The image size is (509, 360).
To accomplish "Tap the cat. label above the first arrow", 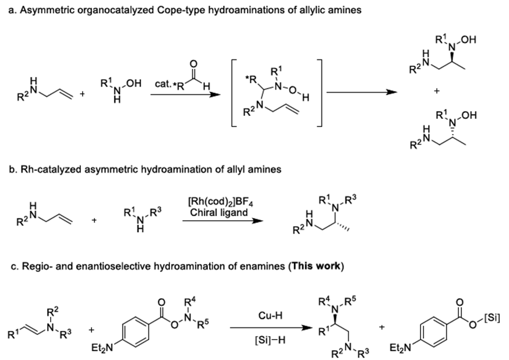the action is point(162,84).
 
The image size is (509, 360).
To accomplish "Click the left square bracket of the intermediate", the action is point(235,93).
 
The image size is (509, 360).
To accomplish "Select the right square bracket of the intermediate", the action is point(319,93).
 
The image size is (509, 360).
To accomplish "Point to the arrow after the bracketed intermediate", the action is point(362,92).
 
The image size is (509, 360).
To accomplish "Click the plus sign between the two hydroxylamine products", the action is point(437,91).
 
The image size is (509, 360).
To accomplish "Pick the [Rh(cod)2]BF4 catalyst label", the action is point(221,202).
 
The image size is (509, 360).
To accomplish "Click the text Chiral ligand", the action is point(219,213).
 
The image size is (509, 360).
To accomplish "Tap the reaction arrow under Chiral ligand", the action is point(222,221).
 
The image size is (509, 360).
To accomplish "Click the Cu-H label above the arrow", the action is point(270,316).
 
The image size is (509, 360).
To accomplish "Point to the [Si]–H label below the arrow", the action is point(270,340).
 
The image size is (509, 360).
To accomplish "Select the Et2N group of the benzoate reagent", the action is point(102,348).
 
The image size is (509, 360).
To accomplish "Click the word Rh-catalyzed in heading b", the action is point(47,170).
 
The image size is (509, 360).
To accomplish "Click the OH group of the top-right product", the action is point(468,40).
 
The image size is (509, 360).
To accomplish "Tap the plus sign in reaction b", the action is point(94,220).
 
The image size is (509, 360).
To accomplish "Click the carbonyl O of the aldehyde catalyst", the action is point(193,63).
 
